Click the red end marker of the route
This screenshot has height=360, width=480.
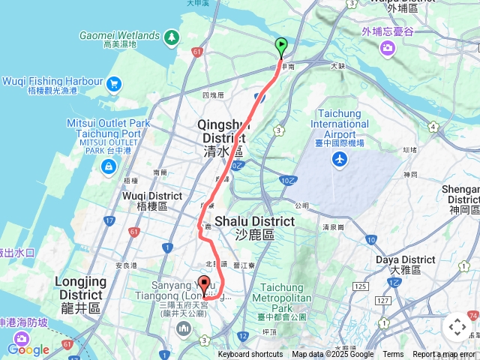coord(204,285)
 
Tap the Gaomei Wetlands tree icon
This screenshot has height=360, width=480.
coord(172,37)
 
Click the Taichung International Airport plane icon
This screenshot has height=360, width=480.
coord(340,159)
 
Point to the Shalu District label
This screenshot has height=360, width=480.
coord(254,227)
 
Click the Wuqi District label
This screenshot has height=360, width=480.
coord(148,200)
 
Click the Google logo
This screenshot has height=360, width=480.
coord(28,349)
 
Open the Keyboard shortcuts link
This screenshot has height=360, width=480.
coord(250,355)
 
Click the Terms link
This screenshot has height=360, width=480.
coord(393,355)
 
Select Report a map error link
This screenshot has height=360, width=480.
coord(444,355)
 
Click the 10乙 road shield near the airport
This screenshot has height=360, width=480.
coord(288,180)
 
